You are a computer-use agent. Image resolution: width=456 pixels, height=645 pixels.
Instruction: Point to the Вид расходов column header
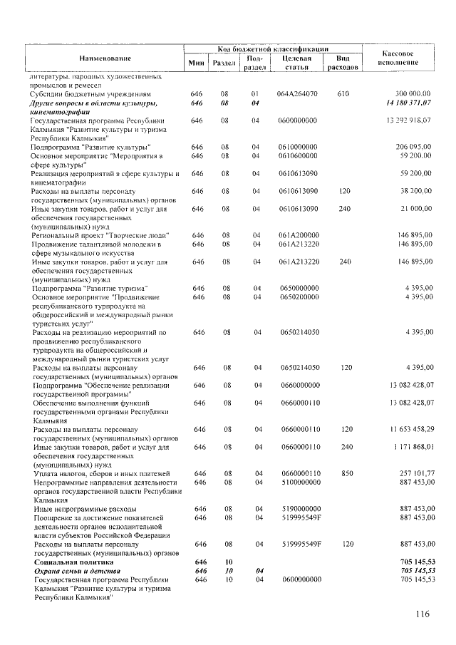pyautogui.click(x=343, y=63)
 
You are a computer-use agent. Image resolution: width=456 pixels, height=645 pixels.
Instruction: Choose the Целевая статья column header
pyautogui.click(x=296, y=63)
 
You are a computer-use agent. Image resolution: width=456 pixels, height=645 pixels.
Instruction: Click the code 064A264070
pyautogui.click(x=299, y=93)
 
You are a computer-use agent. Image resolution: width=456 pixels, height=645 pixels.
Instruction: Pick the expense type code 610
pyautogui.click(x=343, y=93)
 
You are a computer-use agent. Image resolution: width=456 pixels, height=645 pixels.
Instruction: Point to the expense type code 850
pyautogui.click(x=346, y=473)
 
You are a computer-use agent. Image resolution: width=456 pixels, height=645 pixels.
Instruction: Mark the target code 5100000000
pyautogui.click(x=299, y=483)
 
